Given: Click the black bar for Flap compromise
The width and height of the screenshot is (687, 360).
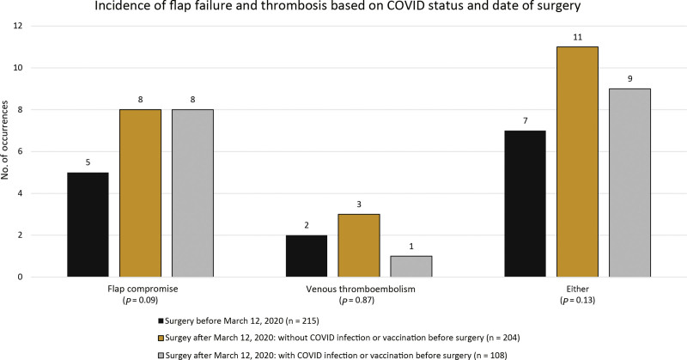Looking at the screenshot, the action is (x=88, y=224).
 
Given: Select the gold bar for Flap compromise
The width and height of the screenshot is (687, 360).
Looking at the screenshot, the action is (x=140, y=193).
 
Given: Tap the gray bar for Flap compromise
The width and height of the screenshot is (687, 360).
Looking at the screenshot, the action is (x=192, y=193).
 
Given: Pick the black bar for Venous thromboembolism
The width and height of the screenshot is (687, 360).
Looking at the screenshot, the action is (x=307, y=256).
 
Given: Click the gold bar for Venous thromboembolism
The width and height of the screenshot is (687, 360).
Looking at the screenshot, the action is (x=359, y=246).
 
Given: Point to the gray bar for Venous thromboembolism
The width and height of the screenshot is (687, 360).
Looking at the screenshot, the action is (x=411, y=266).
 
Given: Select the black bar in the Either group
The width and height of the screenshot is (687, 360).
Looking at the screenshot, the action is (x=525, y=204).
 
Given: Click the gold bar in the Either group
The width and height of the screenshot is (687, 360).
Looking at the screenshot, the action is (x=577, y=162).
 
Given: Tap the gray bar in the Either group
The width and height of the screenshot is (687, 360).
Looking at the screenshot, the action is (x=629, y=183).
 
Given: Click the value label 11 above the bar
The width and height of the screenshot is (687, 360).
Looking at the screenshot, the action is (x=577, y=38).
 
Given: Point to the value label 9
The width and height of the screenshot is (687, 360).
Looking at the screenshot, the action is (x=629, y=79).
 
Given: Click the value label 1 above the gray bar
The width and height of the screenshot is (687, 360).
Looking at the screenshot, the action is (x=411, y=247).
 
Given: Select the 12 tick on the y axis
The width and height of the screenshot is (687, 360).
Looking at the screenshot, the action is (x=19, y=26).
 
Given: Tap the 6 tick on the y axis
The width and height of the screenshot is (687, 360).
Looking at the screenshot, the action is (x=21, y=152).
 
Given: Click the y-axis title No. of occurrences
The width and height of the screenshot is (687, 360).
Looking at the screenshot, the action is (x=5, y=140).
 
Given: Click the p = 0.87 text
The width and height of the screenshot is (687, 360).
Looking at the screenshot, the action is (x=359, y=301).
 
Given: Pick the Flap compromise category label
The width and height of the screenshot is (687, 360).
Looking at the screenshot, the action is (x=143, y=290).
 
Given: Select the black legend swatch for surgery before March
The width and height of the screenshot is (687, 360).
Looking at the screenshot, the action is (x=161, y=321).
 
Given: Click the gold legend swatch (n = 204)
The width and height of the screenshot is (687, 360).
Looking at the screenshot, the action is (x=161, y=338).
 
